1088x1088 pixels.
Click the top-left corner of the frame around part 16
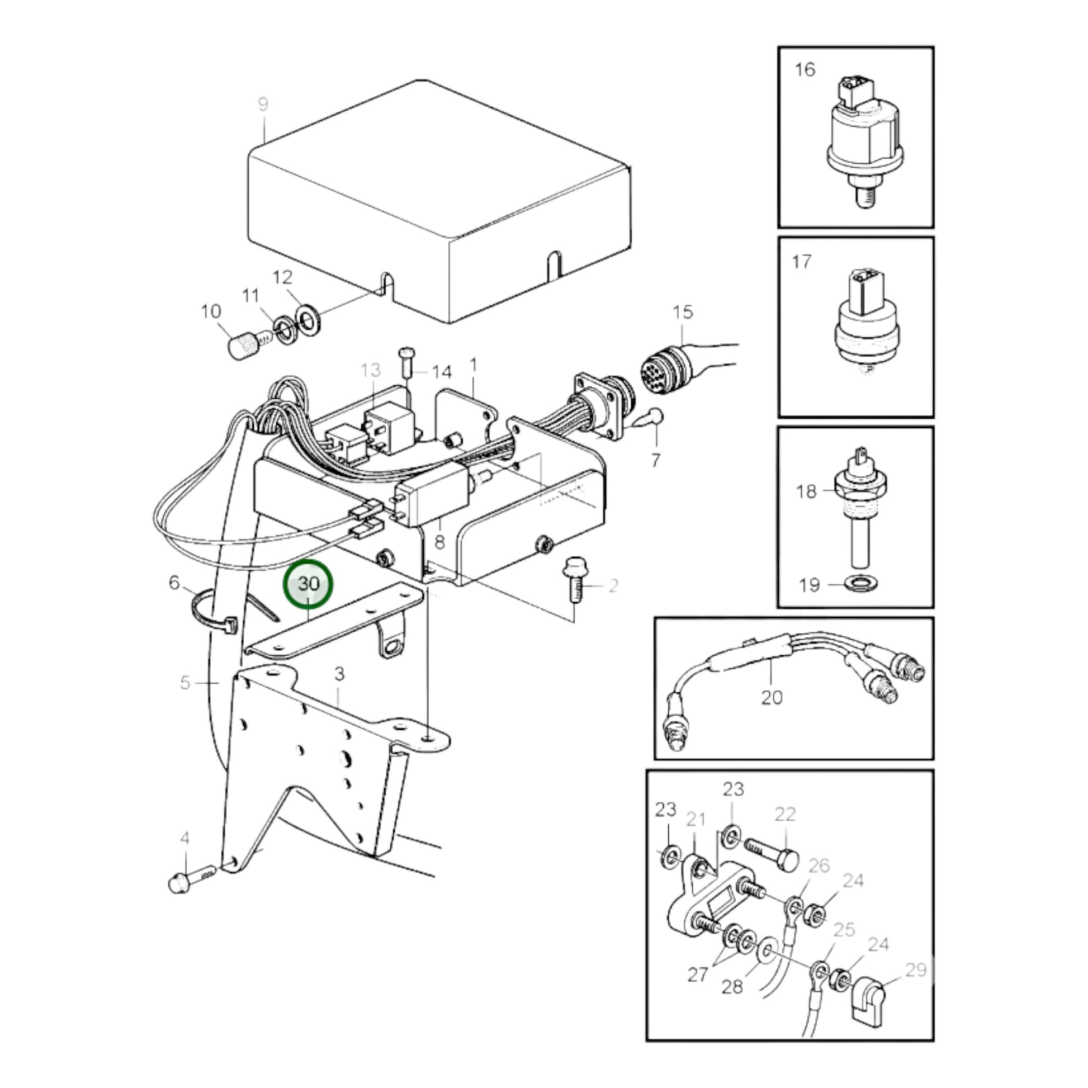(x=779, y=48)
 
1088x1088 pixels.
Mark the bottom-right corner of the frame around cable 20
(x=933, y=759)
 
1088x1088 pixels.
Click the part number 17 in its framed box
(x=801, y=261)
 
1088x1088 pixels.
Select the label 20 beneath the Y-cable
(x=772, y=697)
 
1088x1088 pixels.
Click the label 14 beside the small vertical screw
(x=442, y=372)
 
